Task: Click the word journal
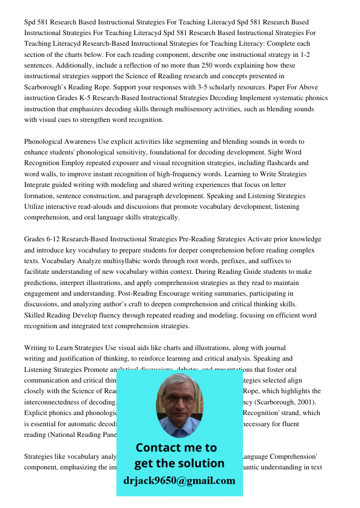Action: pyautogui.click(x=275, y=348)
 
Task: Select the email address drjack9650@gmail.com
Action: pyautogui.click(x=179, y=481)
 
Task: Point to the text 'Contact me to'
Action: pyautogui.click(x=176, y=448)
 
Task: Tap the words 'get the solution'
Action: pyautogui.click(x=179, y=463)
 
